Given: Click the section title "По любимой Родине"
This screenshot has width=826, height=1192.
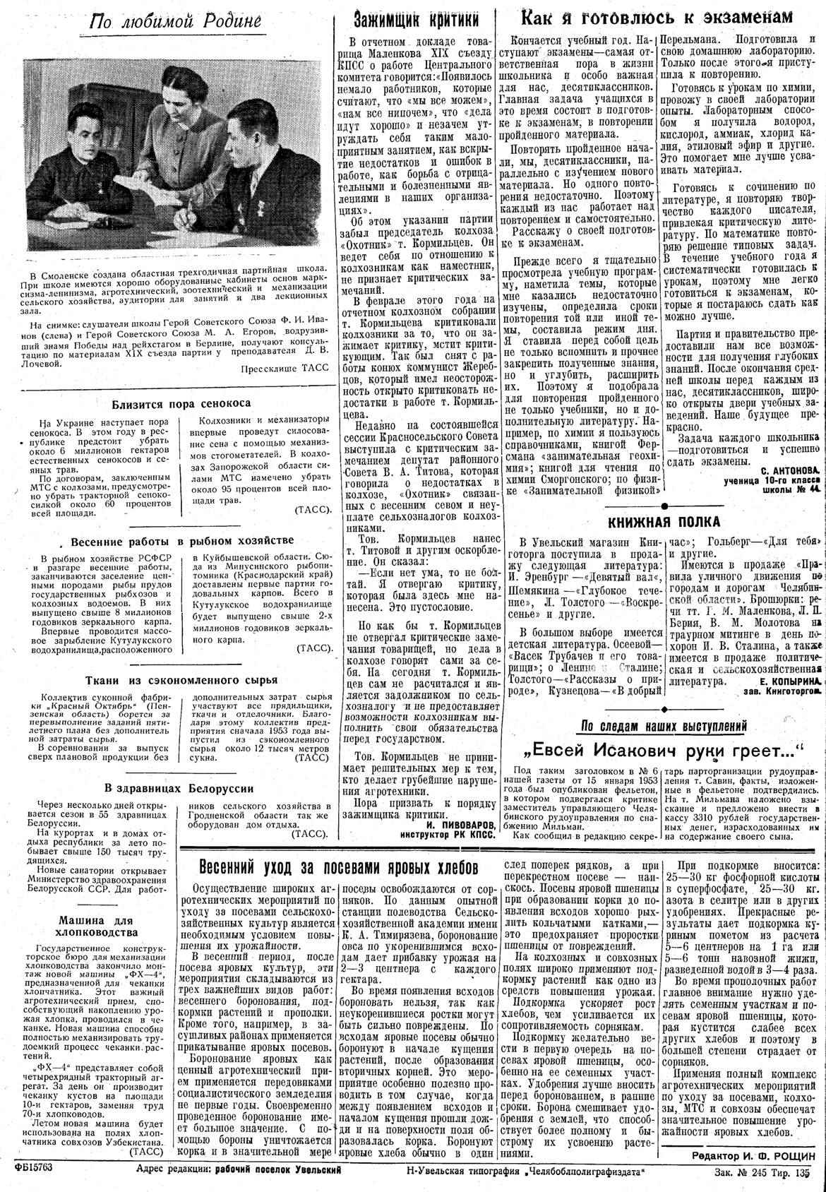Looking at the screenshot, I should click(176, 23).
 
